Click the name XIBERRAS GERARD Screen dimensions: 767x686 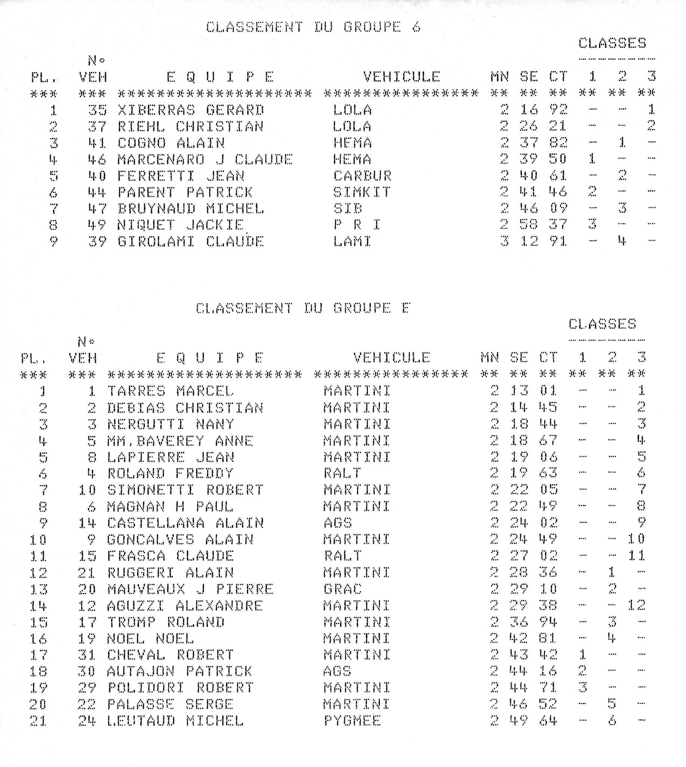coord(191,110)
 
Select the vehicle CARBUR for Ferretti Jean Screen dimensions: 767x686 coord(362,176)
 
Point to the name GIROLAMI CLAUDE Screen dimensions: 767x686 coord(191,241)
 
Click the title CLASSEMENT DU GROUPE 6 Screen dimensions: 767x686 coord(313,27)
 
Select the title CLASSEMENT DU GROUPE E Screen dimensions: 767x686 coord(303,309)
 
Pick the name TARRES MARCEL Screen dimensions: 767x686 coord(170,391)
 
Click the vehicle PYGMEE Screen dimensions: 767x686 coord(352,721)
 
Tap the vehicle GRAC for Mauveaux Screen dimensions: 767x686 coord(342,589)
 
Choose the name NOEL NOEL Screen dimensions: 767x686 coord(150,639)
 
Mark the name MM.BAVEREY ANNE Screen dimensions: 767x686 coord(180,440)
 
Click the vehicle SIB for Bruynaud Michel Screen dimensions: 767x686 coord(348,209)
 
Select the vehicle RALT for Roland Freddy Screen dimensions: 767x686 coord(342,473)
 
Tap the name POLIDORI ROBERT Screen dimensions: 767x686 coord(180,688)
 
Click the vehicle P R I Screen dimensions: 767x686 coord(357,225)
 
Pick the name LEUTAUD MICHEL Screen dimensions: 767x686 coord(175,721)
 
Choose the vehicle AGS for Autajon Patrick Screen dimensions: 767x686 coord(338,671)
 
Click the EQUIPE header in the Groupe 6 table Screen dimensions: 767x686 coord(220,77)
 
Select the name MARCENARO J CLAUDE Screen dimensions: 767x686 coord(205,160)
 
